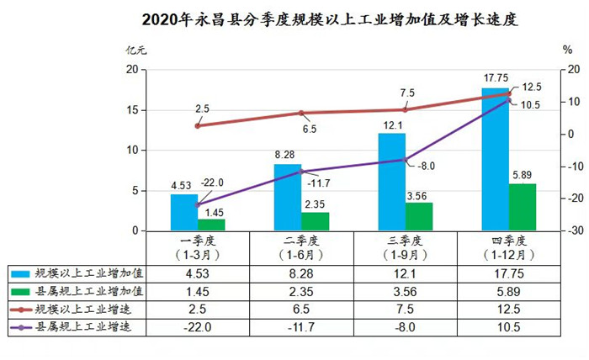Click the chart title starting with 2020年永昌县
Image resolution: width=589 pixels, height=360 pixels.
point(294,19)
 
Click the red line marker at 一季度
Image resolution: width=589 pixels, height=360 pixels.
point(198,125)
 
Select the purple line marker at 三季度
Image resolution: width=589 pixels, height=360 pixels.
point(405,160)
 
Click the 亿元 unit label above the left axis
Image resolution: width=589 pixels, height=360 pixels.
point(135,50)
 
